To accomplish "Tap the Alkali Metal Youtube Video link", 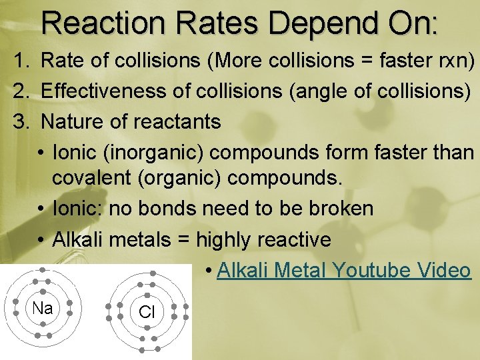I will (344, 270).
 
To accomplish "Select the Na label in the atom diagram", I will (43, 308).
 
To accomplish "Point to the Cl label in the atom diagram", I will (147, 312).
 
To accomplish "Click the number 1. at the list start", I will (24, 63).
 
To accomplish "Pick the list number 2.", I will (24, 92).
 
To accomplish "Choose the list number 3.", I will (24, 121).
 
